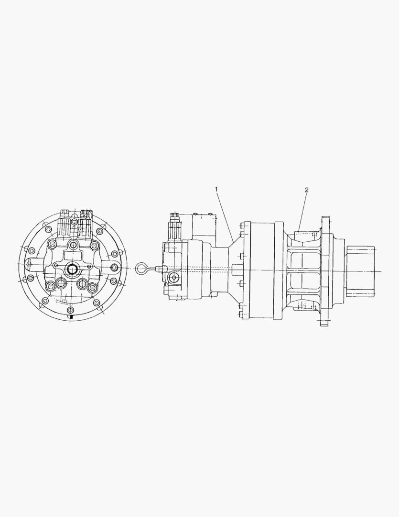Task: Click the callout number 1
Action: [x=216, y=190]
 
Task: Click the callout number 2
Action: [x=306, y=190]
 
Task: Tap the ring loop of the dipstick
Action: [x=141, y=269]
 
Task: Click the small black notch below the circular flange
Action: [x=71, y=316]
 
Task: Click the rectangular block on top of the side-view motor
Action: [x=205, y=225]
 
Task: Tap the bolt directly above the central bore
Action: [x=73, y=245]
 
